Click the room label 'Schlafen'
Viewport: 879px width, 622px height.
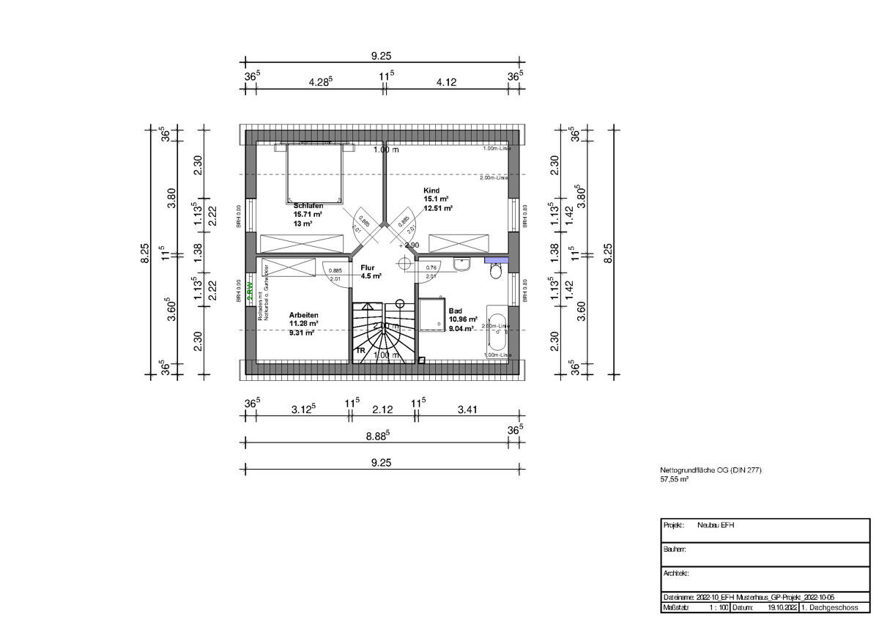point(308,206)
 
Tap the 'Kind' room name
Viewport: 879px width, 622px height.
point(430,190)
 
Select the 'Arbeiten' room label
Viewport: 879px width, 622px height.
point(304,314)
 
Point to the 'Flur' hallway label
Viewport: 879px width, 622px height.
point(368,268)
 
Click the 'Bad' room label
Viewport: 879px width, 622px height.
point(456,311)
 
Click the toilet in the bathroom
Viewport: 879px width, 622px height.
point(496,271)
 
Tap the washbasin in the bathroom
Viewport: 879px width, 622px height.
point(461,264)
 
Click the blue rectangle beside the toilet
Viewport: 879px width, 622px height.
point(497,259)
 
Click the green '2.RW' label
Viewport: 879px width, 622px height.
point(249,290)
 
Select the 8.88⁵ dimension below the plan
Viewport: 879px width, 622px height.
point(377,434)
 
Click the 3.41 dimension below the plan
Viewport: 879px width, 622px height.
point(467,410)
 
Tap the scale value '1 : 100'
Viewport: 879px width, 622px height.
point(718,607)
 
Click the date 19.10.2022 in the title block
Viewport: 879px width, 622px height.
point(780,607)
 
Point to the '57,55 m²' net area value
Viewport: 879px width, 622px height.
point(674,479)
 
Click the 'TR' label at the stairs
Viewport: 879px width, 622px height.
point(360,351)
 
